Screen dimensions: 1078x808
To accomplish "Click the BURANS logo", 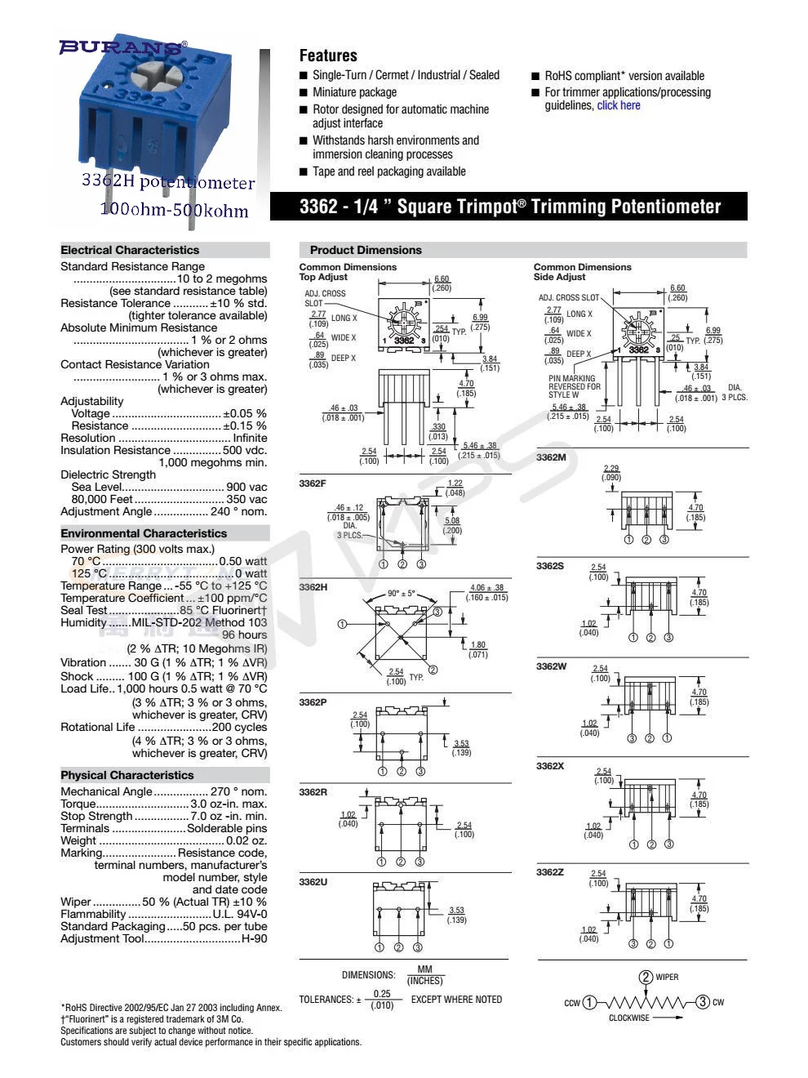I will (122, 47).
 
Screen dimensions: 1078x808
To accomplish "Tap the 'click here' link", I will (618, 105).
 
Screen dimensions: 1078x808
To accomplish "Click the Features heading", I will (328, 56).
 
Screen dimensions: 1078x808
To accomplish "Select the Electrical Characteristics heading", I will (130, 250).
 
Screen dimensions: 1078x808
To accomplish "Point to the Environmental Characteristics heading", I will (144, 533).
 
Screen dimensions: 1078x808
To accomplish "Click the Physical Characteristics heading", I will (127, 775).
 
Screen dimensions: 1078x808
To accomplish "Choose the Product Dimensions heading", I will (366, 250).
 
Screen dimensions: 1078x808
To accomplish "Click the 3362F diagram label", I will (313, 483).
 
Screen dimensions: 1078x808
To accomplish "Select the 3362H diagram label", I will (313, 587).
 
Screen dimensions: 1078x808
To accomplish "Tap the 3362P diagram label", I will (313, 702).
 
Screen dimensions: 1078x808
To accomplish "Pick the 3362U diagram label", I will (313, 882).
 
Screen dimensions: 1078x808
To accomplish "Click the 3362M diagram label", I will (551, 457).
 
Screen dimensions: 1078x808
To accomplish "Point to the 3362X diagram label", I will (550, 766).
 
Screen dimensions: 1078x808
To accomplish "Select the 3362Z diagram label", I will (550, 872).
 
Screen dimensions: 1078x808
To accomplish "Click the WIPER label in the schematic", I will (667, 977).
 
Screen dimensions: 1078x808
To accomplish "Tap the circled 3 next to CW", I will (703, 1002).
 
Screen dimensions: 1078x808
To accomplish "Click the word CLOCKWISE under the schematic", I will (629, 1018).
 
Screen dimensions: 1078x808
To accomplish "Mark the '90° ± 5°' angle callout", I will (401, 594).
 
